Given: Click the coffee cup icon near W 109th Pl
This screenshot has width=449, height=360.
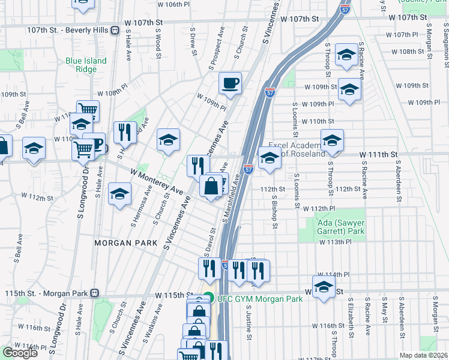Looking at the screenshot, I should [229, 83].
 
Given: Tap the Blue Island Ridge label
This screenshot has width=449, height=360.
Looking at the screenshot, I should [86, 65].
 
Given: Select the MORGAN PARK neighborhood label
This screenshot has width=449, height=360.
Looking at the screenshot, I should [125, 243].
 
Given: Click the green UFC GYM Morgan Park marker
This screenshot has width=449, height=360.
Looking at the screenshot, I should [208, 296].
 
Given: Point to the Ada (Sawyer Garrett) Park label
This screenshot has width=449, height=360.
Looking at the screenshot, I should [340, 227].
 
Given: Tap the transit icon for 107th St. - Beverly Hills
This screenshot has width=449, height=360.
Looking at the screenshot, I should [115, 30].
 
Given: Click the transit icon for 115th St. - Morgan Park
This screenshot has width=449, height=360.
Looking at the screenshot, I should [94, 294].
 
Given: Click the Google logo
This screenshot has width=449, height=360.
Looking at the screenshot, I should [20, 352].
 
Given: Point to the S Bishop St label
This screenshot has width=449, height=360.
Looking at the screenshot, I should [274, 212].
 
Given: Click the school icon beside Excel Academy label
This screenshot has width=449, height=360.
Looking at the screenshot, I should [270, 158].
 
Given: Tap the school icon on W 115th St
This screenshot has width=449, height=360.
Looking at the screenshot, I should [324, 287].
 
